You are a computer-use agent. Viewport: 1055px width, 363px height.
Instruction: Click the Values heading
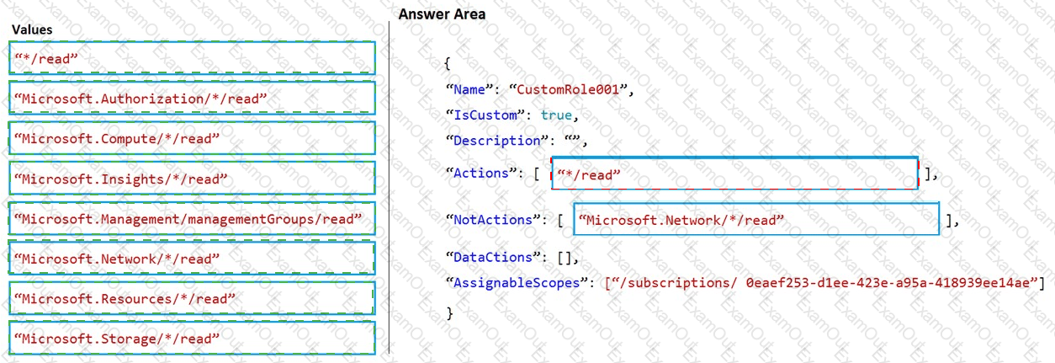tap(32, 29)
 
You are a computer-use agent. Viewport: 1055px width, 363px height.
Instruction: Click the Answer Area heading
tap(442, 14)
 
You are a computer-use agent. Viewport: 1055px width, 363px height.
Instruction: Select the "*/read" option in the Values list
tap(192, 58)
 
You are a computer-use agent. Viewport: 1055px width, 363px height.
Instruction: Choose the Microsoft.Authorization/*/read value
tap(192, 99)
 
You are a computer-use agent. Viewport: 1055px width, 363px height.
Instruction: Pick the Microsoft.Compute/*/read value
tap(192, 137)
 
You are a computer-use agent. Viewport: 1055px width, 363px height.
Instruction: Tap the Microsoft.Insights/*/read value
tap(192, 179)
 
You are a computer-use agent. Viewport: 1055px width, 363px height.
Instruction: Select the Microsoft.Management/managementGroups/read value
tap(192, 218)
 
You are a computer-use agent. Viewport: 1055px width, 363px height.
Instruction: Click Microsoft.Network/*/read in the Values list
tap(192, 258)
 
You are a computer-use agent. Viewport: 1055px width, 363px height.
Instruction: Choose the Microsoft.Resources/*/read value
tap(192, 298)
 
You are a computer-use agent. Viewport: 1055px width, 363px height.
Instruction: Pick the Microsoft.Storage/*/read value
tap(192, 338)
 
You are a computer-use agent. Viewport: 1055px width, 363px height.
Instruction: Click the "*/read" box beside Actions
tap(734, 173)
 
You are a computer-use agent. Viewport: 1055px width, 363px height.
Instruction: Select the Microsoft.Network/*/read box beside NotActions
tap(755, 219)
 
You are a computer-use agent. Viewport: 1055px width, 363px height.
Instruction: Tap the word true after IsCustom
tap(557, 115)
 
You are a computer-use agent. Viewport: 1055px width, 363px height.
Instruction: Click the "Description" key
tap(493, 141)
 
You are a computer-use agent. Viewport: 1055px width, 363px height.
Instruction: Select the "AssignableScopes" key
tap(514, 283)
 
